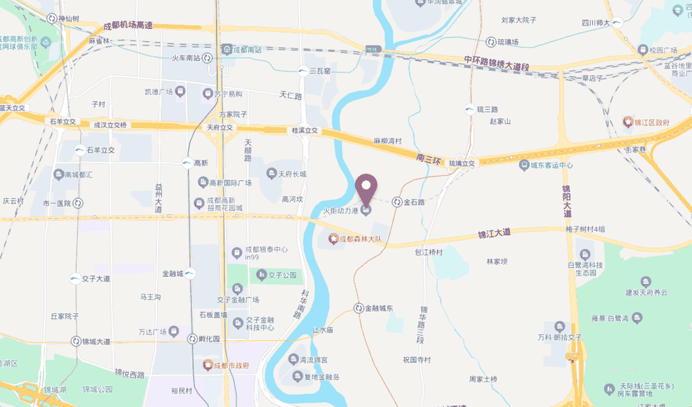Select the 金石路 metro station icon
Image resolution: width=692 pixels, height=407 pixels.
[x=397, y=202]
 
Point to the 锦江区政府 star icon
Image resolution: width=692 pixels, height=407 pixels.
[x=628, y=122]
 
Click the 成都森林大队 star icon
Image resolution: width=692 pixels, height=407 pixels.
[x=334, y=239]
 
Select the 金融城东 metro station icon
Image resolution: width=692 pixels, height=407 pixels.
[x=358, y=308]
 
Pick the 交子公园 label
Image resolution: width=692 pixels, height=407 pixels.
[x=283, y=275]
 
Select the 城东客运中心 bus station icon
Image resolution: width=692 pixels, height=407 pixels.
[x=525, y=165]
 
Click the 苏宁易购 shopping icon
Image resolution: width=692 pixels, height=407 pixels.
[x=207, y=93]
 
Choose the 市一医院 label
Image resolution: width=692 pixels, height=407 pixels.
[x=57, y=203]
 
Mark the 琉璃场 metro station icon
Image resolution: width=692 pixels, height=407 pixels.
[x=491, y=42]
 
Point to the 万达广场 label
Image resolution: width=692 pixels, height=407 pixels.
[x=154, y=331]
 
